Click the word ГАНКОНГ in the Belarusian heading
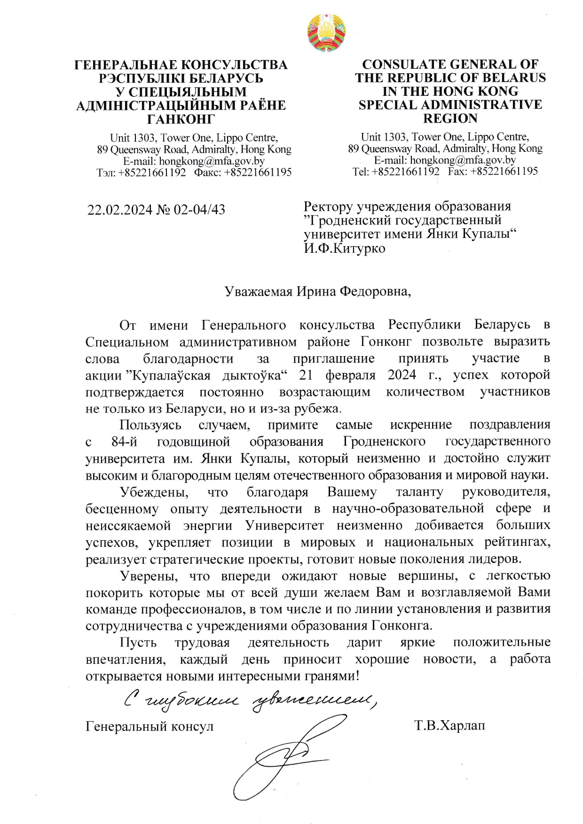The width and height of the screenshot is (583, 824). [181, 118]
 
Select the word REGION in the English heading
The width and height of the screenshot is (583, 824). [450, 118]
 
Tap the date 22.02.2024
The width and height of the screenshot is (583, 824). [120, 210]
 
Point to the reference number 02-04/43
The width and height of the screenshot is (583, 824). [199, 210]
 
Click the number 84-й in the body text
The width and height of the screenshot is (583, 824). [124, 442]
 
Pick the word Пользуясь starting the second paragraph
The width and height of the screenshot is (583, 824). [150, 425]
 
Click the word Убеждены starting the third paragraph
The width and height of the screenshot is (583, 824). [154, 492]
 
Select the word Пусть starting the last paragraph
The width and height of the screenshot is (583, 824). [138, 642]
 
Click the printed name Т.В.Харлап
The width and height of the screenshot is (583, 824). [449, 726]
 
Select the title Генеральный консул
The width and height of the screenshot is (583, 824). [150, 726]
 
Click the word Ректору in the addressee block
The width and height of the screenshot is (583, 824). [328, 206]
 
